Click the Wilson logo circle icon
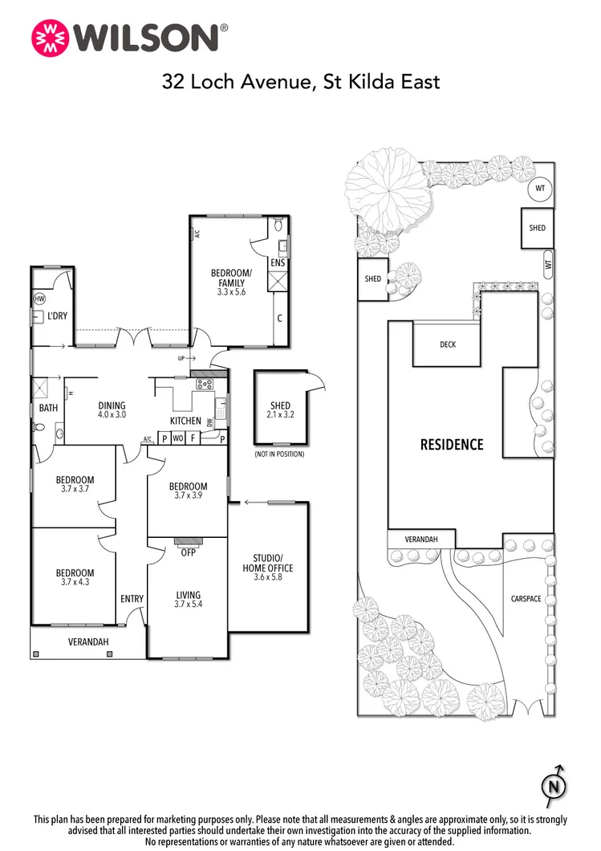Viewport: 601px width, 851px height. click(49, 38)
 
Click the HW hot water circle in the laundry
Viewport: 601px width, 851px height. click(39, 299)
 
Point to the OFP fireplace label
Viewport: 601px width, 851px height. click(189, 552)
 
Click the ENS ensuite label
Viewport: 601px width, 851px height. click(278, 263)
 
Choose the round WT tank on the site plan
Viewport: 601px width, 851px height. click(538, 189)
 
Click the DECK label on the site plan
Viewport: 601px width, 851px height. click(448, 344)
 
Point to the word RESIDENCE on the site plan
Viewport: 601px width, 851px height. click(452, 444)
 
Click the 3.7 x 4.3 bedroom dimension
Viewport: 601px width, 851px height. click(75, 582)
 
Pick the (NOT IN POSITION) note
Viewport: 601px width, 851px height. click(280, 454)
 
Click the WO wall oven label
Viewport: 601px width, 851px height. click(179, 438)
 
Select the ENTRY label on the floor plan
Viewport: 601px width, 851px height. click(132, 598)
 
